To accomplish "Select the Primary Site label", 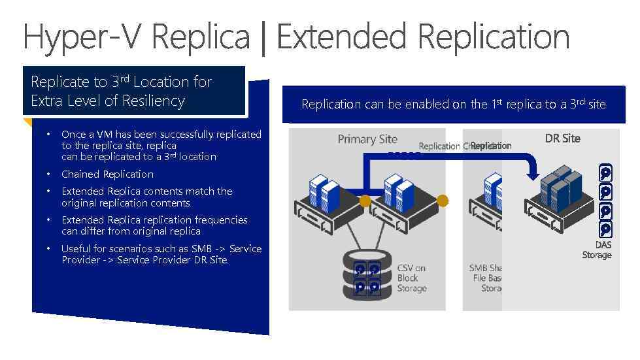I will [x=367, y=139].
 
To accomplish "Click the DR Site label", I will [x=563, y=139].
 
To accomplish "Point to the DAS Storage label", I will [x=597, y=250].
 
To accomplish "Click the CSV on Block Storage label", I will [x=412, y=278].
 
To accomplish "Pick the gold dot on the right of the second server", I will [x=443, y=200].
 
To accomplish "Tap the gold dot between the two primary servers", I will [x=365, y=200].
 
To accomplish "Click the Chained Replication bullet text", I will [x=107, y=174].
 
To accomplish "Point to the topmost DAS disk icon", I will [x=606, y=172].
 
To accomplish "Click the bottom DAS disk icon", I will [x=606, y=229].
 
